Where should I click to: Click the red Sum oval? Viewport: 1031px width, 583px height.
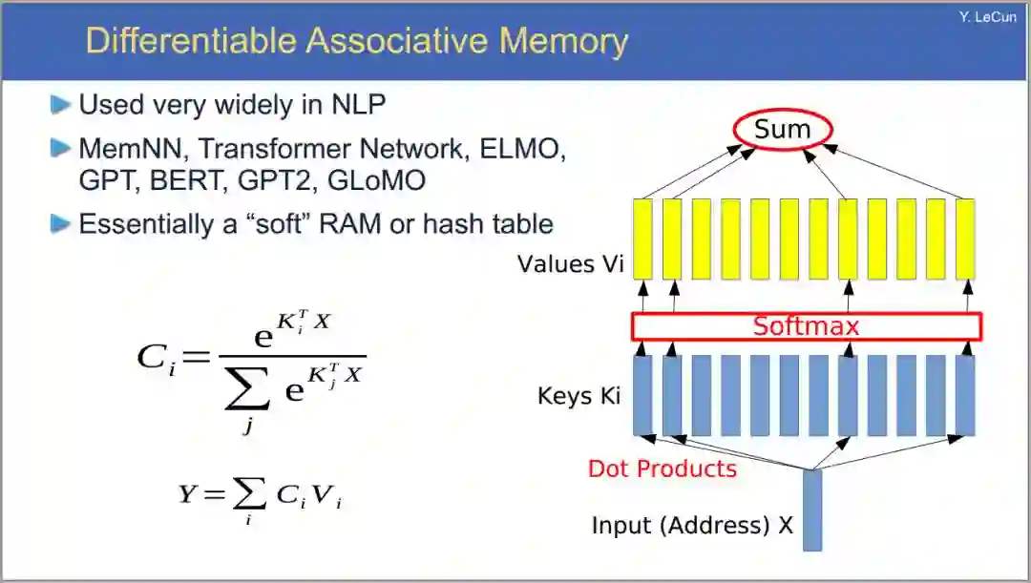coord(783,130)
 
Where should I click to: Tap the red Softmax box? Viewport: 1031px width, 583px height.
coord(806,326)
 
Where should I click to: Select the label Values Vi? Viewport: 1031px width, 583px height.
coord(570,263)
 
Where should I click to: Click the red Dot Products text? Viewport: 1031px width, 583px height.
coord(663,468)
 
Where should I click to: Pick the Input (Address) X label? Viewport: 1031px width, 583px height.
coord(692,525)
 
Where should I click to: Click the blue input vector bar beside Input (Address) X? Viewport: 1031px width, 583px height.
coord(811,510)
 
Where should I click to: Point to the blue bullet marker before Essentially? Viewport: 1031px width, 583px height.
coord(61,224)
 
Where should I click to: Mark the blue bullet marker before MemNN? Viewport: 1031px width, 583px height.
coord(61,149)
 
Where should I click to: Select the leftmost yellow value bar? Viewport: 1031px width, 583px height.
coord(642,238)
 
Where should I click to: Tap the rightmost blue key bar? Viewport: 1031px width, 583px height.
coord(965,395)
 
